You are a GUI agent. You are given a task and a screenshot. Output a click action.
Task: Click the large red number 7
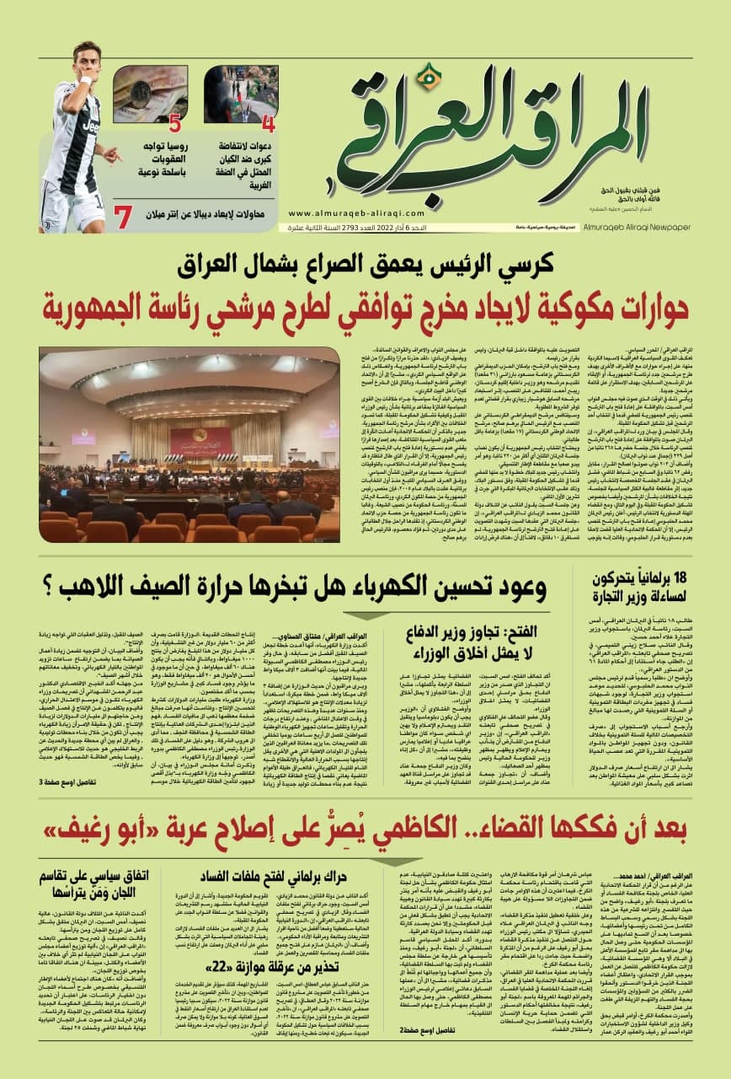[124, 217]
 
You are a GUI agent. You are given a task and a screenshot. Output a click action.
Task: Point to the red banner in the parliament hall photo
[200, 440]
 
